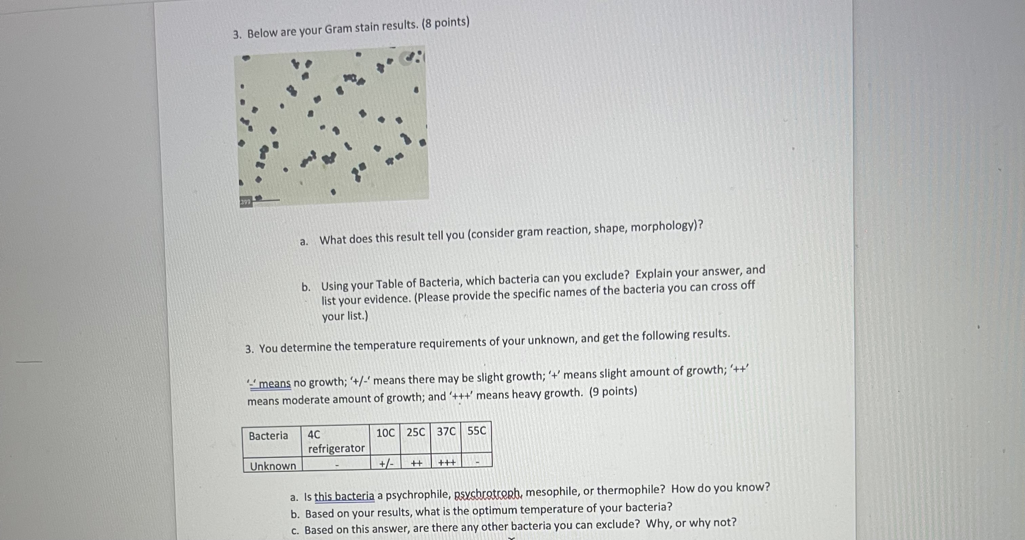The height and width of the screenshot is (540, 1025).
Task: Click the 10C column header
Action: pos(385,433)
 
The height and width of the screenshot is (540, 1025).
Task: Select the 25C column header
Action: pos(415,432)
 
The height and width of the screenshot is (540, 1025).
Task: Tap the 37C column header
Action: pos(446,432)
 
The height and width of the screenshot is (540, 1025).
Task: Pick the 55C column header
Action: pos(477,431)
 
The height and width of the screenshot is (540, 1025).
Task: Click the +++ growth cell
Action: pos(447,462)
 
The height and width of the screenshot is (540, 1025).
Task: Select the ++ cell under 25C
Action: pos(416,463)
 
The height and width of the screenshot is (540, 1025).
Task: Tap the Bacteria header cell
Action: pos(268,436)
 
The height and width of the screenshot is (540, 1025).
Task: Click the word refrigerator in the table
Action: pos(336,448)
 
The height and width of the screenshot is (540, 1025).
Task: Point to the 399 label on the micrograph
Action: pos(245,202)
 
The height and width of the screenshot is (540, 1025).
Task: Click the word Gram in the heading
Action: pos(339,29)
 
